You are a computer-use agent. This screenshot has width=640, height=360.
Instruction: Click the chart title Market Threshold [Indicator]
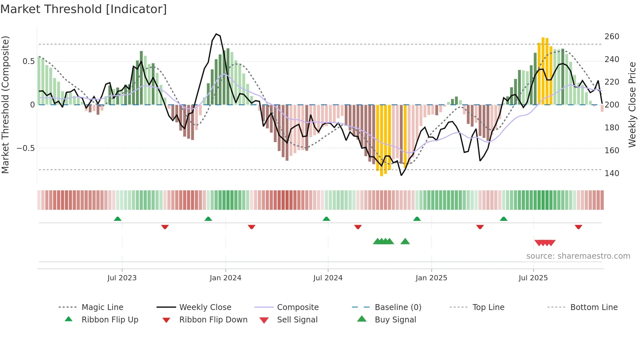(84, 9)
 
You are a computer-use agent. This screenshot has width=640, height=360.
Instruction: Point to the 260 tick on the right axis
(612, 36)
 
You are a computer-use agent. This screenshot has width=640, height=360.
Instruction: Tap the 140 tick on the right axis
(612, 173)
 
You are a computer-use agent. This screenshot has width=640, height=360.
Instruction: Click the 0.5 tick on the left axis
(28, 61)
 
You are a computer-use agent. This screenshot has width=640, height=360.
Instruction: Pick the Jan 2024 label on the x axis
(225, 278)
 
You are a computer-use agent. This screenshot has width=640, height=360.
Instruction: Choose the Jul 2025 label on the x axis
(533, 278)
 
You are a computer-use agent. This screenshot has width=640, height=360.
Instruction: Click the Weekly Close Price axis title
(632, 105)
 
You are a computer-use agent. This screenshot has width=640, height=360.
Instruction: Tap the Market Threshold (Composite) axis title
(5, 105)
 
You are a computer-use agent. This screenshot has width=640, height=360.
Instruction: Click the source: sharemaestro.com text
(578, 256)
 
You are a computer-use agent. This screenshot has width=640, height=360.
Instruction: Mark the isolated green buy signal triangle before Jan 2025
(405, 241)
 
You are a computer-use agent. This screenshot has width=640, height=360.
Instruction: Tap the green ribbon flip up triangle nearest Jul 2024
(326, 219)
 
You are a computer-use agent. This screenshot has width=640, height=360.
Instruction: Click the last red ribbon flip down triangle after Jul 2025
(578, 227)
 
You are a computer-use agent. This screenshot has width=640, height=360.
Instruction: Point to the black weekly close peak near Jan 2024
(216, 34)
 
